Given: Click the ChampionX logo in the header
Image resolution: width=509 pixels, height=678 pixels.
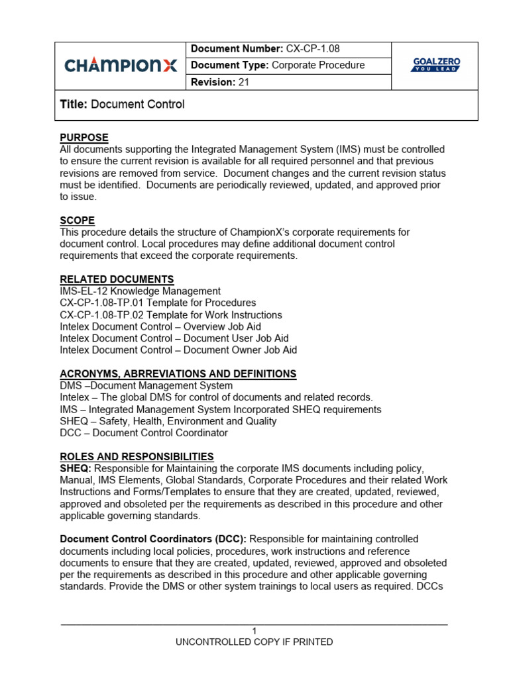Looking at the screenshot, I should pos(121,65).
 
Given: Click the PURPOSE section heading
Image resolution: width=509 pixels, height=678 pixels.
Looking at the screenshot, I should pos(84,138).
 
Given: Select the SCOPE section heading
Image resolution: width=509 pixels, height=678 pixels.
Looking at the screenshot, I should pos(78,220).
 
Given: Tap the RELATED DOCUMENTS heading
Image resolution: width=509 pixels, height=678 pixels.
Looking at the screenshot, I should pos(117,279).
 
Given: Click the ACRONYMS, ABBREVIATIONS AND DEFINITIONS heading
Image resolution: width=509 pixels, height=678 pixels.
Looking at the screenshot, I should pos(178,374).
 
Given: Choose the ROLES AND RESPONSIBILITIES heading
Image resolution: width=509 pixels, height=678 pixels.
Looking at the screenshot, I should pos(137,457).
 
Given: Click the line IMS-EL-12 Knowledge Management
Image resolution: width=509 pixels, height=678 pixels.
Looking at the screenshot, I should pos(141,291).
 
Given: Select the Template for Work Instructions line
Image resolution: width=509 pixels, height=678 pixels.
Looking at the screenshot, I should pos(171,315).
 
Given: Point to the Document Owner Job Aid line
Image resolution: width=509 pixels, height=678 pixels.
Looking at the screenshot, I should pos(178,350).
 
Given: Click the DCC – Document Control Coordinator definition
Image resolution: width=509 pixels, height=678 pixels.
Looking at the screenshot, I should pos(144,433).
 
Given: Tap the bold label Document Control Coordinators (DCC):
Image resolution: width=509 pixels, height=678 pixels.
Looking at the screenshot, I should pos(153,540).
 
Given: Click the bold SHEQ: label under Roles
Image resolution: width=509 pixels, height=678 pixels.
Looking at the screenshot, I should pos(73,469).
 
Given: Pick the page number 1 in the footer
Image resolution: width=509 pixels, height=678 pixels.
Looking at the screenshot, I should pos(254,630).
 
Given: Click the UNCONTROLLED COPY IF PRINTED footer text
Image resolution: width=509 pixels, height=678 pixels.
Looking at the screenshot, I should pos(254,642).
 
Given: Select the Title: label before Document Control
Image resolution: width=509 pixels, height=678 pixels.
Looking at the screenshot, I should pos(74,104).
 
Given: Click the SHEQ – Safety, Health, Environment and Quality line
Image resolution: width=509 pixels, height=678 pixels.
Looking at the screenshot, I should pos(168,421).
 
